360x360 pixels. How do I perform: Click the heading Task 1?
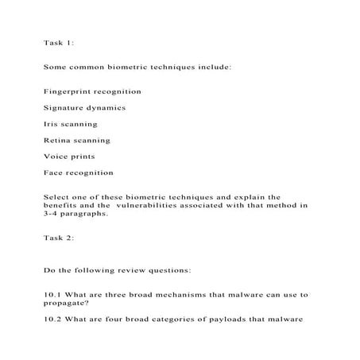pyautogui.click(x=60, y=43)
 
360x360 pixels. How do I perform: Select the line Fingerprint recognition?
pyautogui.click(x=92, y=92)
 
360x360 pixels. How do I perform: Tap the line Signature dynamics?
pyautogui.click(x=84, y=108)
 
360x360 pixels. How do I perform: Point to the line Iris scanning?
pyautogui.click(x=71, y=124)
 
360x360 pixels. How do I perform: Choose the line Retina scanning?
pyautogui.click(x=77, y=141)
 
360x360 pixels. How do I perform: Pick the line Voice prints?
pyautogui.click(x=69, y=157)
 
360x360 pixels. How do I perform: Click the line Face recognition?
pyautogui.click(x=79, y=172)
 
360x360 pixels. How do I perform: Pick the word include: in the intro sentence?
pyautogui.click(x=213, y=68)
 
